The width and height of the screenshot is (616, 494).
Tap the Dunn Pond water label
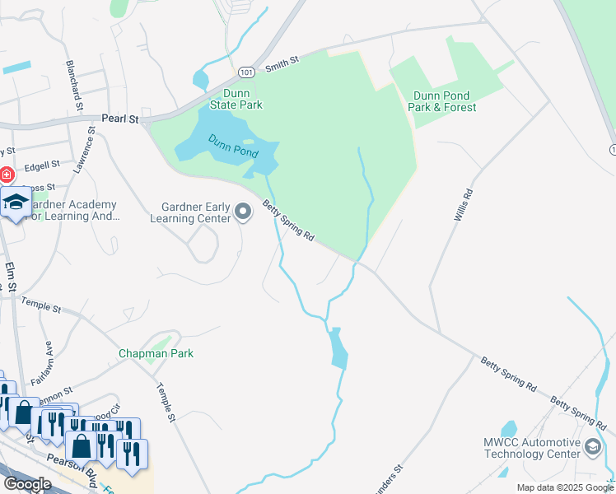[x=233, y=147]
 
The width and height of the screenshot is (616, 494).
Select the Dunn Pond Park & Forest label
[x=442, y=101]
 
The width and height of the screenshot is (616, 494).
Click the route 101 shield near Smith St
[x=246, y=72]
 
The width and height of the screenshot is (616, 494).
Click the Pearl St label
[x=120, y=119]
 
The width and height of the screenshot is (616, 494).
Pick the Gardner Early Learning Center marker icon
[x=243, y=212]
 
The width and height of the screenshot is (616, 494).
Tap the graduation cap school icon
[x=16, y=203]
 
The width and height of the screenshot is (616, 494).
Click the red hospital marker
[x=5, y=175]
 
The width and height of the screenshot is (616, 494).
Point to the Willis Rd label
[x=463, y=205]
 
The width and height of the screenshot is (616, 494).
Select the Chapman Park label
[x=156, y=353]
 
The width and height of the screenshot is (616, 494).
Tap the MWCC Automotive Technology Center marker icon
[x=591, y=447]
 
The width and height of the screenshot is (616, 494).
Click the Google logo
[x=27, y=483]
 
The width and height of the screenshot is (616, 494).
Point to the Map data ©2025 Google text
[x=566, y=487]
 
